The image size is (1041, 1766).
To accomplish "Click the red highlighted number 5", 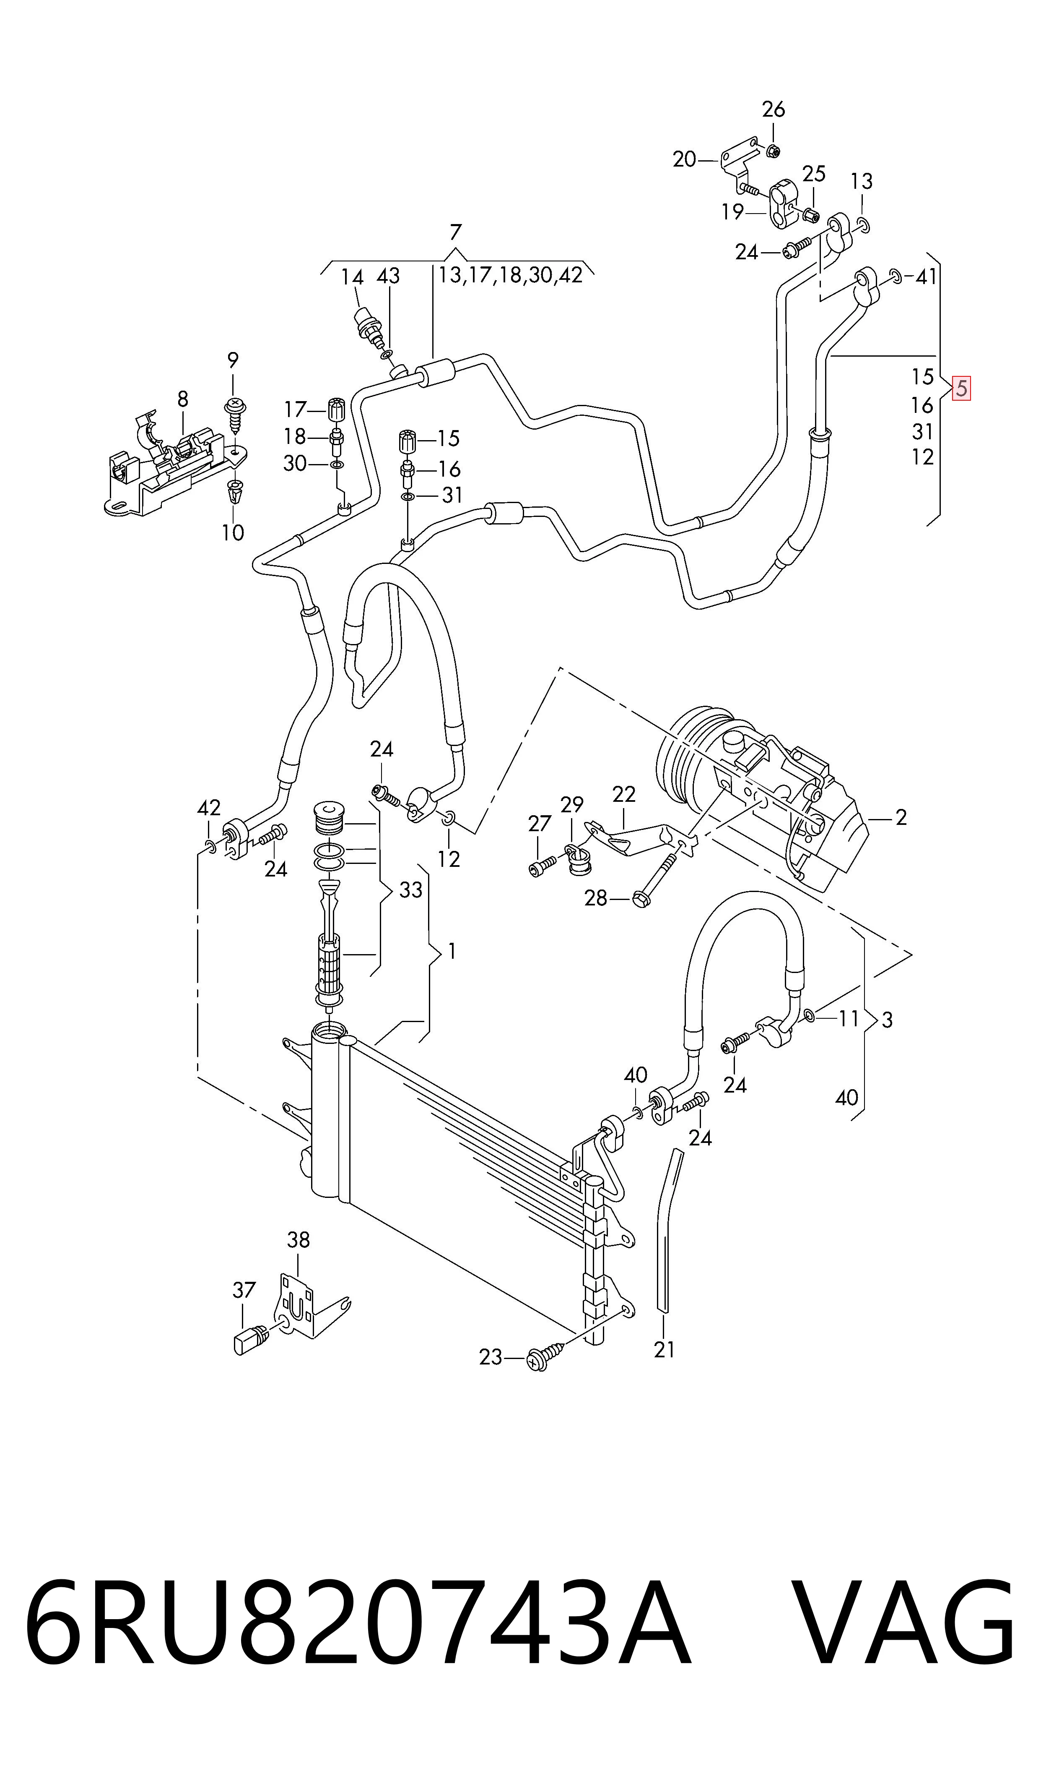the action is (x=961, y=388).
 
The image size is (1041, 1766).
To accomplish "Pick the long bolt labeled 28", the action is (x=655, y=881).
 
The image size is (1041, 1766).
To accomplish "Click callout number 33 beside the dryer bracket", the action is (x=410, y=890).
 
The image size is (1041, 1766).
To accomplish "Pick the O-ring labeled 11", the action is (x=810, y=1016).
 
